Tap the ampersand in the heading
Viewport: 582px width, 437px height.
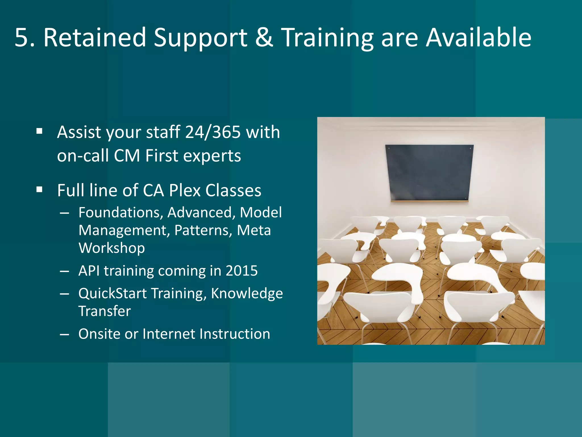coord(264,38)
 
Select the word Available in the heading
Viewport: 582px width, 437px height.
coord(479,38)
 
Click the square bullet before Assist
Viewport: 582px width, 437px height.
coord(40,131)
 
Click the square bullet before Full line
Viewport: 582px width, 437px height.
coord(40,189)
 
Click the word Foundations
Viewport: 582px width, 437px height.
coord(121,213)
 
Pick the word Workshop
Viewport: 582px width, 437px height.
coord(112,248)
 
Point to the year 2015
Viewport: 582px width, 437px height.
coord(242,271)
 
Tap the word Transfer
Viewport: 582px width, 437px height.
coord(105,311)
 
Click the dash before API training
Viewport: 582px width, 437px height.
coord(65,271)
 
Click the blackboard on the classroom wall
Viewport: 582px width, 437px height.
coord(429,172)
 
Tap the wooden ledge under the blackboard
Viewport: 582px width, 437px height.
coord(429,201)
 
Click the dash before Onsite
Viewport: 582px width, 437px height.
coord(65,334)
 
